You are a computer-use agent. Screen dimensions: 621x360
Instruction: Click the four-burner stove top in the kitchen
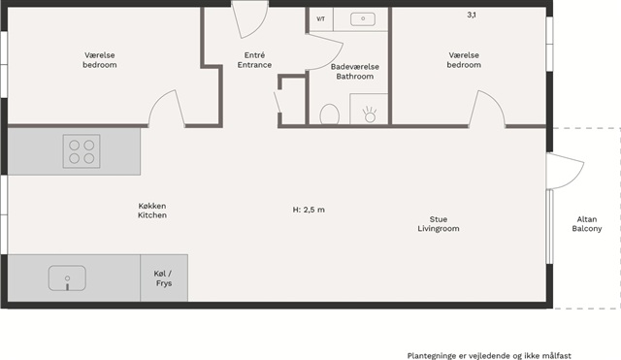point(82,151)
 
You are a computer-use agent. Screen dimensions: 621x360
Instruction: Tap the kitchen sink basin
point(67,278)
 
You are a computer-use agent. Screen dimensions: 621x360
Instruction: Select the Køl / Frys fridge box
point(164,278)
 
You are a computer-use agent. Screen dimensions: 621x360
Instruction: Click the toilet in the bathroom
point(330,115)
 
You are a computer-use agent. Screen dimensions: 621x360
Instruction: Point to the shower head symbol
point(370,115)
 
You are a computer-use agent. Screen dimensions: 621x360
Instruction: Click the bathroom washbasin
point(363,18)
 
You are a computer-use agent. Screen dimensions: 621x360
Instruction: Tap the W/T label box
point(321,19)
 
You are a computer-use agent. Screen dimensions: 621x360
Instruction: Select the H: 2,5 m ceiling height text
point(309,210)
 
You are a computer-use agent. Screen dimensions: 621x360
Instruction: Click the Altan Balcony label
point(587,224)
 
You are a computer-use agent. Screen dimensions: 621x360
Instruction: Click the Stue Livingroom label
point(439,224)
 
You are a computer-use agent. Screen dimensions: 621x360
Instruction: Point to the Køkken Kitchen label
point(152,211)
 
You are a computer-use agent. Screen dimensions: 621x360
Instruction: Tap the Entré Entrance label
point(254,60)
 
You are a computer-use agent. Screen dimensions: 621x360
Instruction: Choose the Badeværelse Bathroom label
point(355,71)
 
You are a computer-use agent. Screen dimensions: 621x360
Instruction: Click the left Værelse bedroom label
point(100,60)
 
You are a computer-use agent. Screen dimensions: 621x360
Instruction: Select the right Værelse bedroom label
point(464,60)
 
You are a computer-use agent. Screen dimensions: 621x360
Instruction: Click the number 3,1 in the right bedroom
point(472,16)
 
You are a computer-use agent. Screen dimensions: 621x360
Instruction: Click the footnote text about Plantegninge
point(489,356)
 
